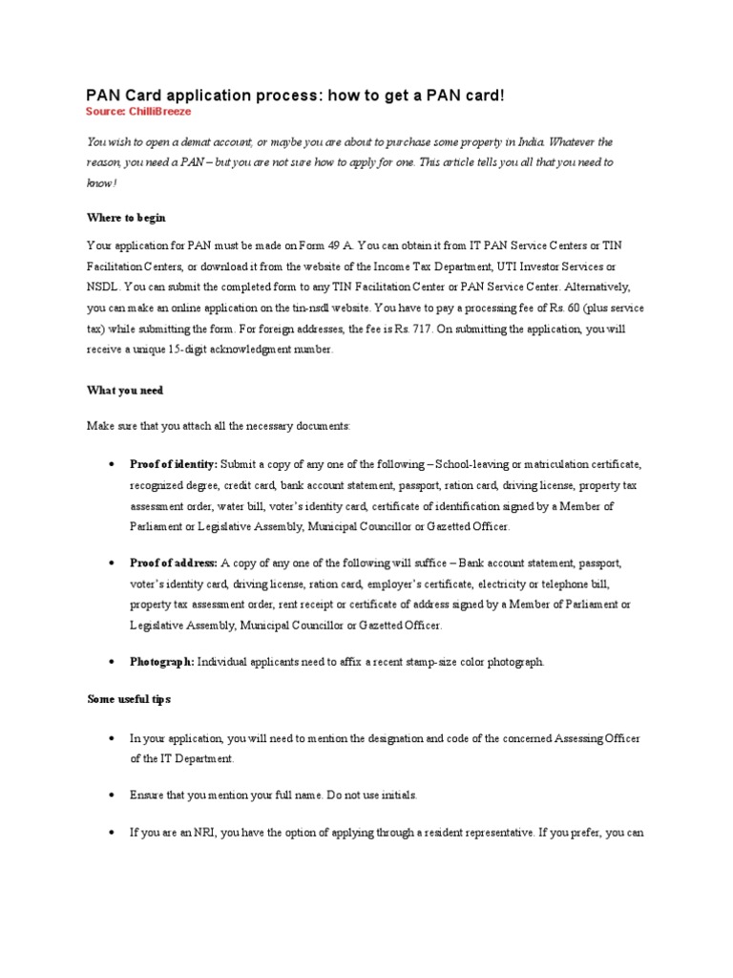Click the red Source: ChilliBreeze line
point(138,112)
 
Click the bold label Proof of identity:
point(174,464)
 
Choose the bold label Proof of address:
point(174,563)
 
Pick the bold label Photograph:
point(162,661)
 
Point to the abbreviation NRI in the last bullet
point(193,832)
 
